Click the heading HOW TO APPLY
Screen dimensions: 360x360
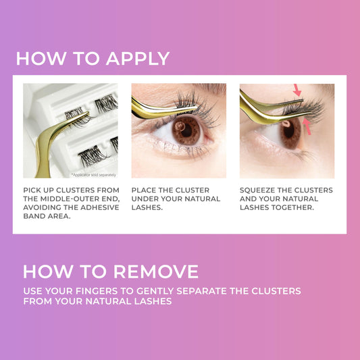click(x=93, y=58)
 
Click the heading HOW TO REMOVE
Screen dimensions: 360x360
click(x=111, y=272)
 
